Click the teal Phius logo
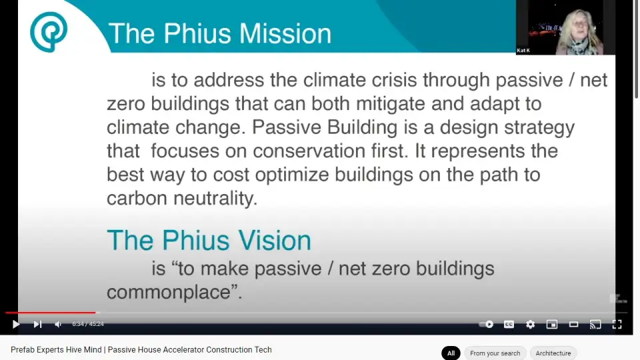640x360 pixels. (49, 32)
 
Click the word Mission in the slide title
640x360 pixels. (285, 33)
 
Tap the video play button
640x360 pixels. (16, 324)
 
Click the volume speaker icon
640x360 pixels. (58, 324)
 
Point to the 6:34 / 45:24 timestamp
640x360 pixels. (88, 324)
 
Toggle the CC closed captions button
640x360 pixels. (509, 324)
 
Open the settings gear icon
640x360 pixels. (530, 324)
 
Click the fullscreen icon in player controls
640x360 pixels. (617, 324)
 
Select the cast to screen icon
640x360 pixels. (595, 324)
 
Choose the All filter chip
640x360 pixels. (451, 353)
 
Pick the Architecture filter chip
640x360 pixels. (553, 353)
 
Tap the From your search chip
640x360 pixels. (495, 353)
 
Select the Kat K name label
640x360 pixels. (523, 50)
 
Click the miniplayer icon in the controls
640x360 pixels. (552, 324)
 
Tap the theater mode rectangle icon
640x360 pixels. (573, 324)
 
